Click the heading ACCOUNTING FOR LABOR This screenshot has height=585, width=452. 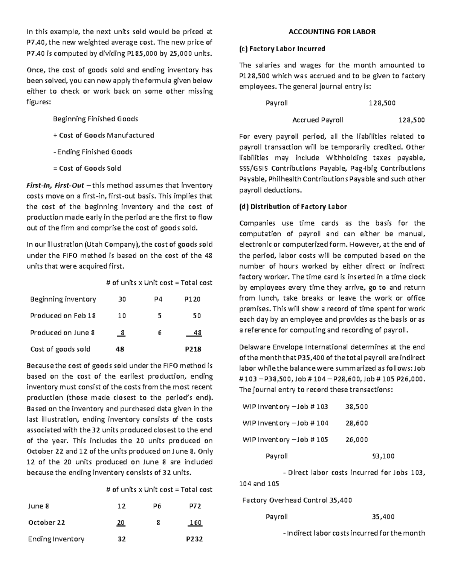click(332, 32)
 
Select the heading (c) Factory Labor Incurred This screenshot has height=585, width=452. click(282, 49)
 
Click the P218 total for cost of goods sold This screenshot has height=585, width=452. click(193, 349)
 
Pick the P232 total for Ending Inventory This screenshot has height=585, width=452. click(194, 539)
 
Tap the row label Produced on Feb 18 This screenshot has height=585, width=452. click(63, 316)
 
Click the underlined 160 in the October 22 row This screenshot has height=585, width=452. click(195, 522)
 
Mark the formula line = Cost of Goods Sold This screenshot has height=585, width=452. click(87, 168)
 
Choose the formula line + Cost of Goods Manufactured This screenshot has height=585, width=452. click(104, 135)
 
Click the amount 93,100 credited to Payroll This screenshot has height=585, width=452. click(383, 456)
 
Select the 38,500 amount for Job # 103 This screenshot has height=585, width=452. click(357, 407)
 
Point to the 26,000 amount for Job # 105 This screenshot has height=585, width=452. click(357, 440)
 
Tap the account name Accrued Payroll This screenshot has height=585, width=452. click(318, 120)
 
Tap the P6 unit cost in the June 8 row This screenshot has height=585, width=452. click(157, 506)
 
